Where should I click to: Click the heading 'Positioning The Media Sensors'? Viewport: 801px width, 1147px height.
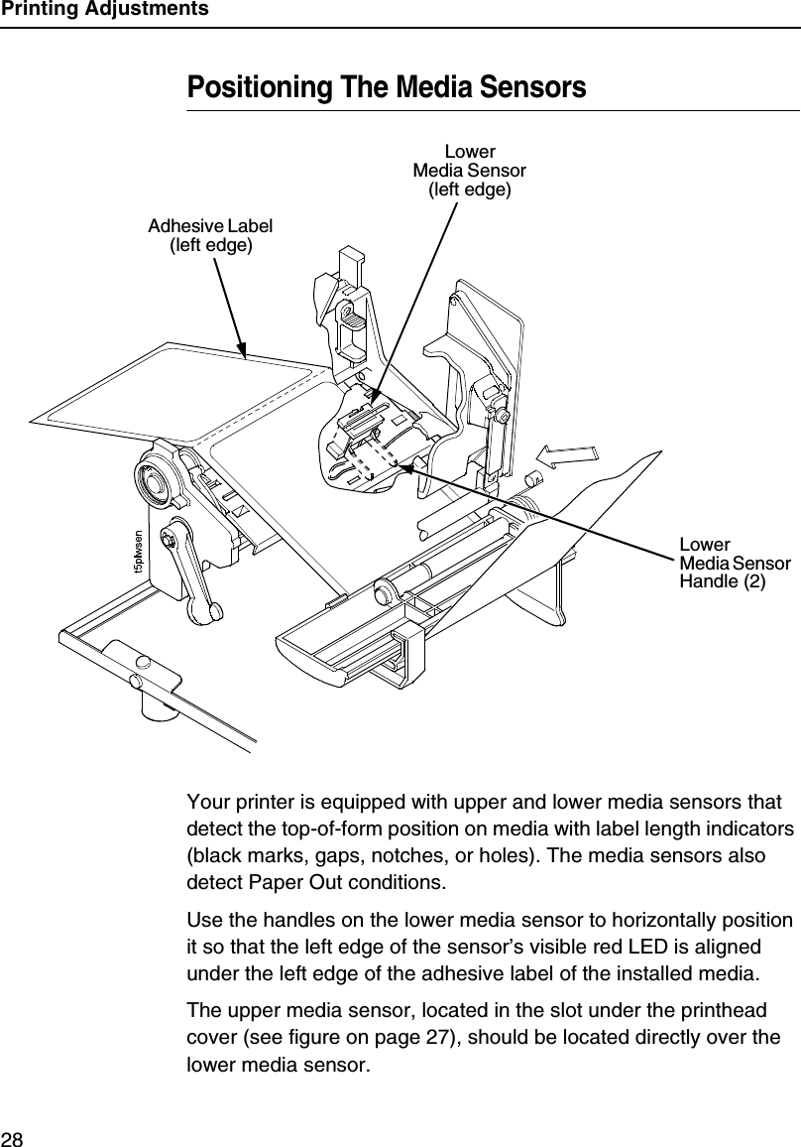(387, 87)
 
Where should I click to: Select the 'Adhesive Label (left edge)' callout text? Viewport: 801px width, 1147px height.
(210, 235)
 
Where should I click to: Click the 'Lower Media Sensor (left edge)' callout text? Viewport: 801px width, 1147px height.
(469, 171)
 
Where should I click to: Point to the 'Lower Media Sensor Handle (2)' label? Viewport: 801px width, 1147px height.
(734, 564)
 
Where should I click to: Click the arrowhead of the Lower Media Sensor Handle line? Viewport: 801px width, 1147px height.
(422, 473)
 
